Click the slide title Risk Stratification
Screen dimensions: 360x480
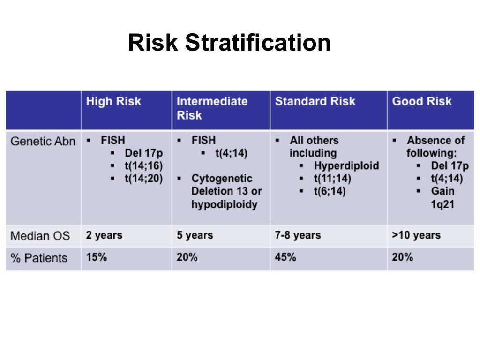pos(229,43)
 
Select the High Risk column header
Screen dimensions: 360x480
pos(113,102)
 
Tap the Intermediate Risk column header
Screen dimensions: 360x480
pos(212,108)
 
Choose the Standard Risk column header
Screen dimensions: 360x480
pos(315,102)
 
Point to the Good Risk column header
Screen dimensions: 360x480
pos(422,102)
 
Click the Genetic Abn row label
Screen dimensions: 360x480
pos(43,141)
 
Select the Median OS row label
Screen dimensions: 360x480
pos(40,236)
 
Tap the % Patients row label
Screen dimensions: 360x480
pos(39,258)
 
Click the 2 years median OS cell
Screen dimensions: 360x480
pos(104,235)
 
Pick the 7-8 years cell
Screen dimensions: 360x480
pos(298,235)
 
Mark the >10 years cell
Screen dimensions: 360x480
pos(416,235)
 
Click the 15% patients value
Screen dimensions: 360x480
pos(96,257)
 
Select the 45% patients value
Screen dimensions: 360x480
pos(285,257)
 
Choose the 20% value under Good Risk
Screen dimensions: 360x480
pos(403,257)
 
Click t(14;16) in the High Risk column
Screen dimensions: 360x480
pos(143,166)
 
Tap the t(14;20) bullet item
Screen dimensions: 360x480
pos(143,179)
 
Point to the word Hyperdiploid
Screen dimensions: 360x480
pos(346,166)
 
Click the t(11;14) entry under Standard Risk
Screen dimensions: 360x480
pos(332,179)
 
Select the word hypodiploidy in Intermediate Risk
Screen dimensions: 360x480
pos(224,204)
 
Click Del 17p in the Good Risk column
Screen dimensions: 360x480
pos(450,166)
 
